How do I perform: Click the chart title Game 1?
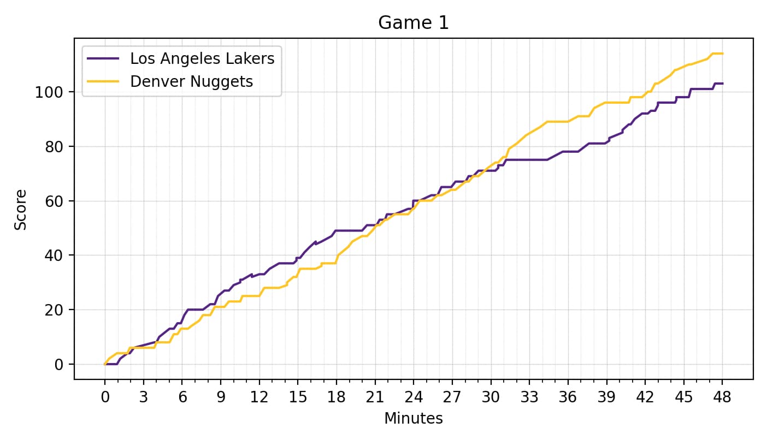pyautogui.click(x=413, y=23)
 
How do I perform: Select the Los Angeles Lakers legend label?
pyautogui.click(x=202, y=58)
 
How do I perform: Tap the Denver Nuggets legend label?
pyautogui.click(x=191, y=81)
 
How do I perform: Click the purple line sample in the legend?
pyautogui.click(x=103, y=58)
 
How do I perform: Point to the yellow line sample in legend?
pyautogui.click(x=103, y=81)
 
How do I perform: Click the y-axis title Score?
pyautogui.click(x=20, y=210)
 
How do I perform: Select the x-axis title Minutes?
pyautogui.click(x=413, y=419)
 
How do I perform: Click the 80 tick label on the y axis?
pyautogui.click(x=55, y=147)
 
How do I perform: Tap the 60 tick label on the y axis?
pyautogui.click(x=55, y=201)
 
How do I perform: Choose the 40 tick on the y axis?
pyautogui.click(x=55, y=255)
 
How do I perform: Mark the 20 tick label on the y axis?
pyautogui.click(x=55, y=310)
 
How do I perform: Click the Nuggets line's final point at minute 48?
pyautogui.click(x=722, y=53)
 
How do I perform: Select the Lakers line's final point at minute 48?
pyautogui.click(x=722, y=84)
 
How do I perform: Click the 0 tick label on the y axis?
pyautogui.click(x=59, y=364)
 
